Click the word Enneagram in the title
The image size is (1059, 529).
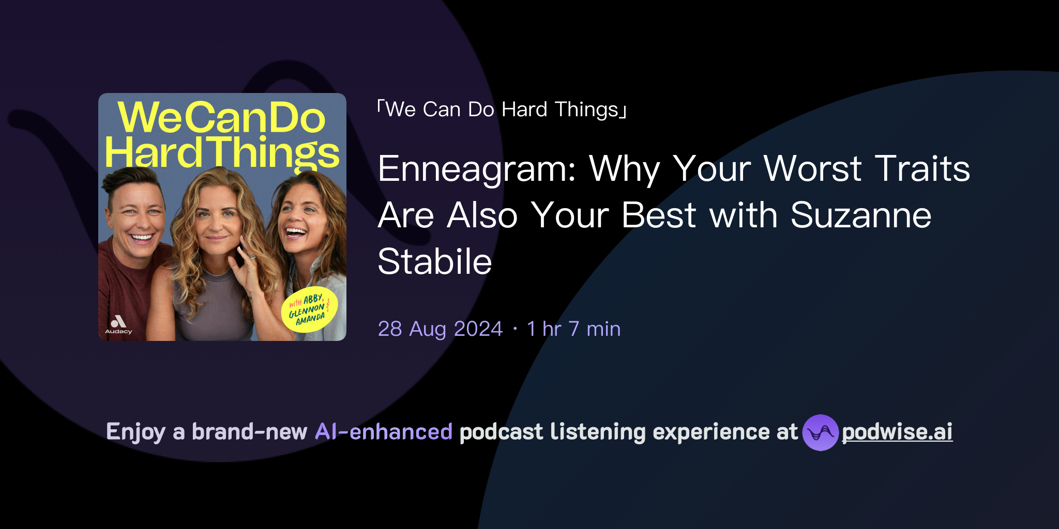coord(476,169)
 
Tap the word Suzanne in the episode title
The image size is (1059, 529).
coord(860,215)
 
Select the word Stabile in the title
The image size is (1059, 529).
coord(434,262)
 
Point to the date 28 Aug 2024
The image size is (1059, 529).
coord(440,329)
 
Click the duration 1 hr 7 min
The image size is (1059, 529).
coord(573,329)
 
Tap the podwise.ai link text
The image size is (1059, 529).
coord(897,432)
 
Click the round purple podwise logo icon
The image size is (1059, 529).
coord(820,432)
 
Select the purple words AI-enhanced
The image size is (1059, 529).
coord(384,432)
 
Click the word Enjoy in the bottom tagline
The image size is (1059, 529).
coord(135,432)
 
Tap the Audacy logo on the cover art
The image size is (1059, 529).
coord(118,324)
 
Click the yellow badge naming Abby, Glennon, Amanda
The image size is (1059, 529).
coord(309,309)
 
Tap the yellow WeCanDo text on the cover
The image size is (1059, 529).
coord(221,117)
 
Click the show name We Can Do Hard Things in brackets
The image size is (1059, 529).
coord(502,110)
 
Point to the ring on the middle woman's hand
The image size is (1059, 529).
coord(252,257)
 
